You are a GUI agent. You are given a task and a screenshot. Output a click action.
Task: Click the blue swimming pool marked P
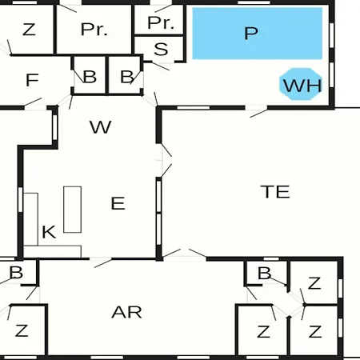pos(258,34)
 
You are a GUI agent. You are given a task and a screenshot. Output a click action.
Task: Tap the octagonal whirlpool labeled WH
pos(301,84)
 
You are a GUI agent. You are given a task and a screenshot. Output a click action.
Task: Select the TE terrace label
pos(275,191)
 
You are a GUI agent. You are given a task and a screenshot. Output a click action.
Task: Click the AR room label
pos(126,312)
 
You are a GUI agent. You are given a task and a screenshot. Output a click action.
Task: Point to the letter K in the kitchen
pos(49,232)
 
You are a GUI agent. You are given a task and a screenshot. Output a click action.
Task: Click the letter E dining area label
pos(118,203)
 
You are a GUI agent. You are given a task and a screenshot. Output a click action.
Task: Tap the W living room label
pos(101,127)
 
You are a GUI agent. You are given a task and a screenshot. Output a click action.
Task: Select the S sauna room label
pos(161,49)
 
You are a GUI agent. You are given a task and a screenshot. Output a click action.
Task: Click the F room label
pos(32,80)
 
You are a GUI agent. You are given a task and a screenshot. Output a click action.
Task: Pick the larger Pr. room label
pos(94,30)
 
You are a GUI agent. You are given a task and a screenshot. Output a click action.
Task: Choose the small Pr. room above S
pos(161,23)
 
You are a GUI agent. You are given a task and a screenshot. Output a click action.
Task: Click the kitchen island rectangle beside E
pos(73,210)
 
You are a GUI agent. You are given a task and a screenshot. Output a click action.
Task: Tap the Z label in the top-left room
pos(29,30)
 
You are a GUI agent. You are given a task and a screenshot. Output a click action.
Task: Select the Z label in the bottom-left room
pos(22,330)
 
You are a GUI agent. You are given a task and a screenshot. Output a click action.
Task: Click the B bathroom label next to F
pos(90,77)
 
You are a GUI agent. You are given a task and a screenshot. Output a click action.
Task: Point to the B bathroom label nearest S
pos(126,77)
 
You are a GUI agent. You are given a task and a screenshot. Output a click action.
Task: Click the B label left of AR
pos(16,273)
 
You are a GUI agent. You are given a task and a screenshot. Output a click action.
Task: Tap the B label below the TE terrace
pos(265,273)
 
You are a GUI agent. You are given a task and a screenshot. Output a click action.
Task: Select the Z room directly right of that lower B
pos(314,283)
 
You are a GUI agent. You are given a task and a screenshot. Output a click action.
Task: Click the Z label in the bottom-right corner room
pos(315,332)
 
